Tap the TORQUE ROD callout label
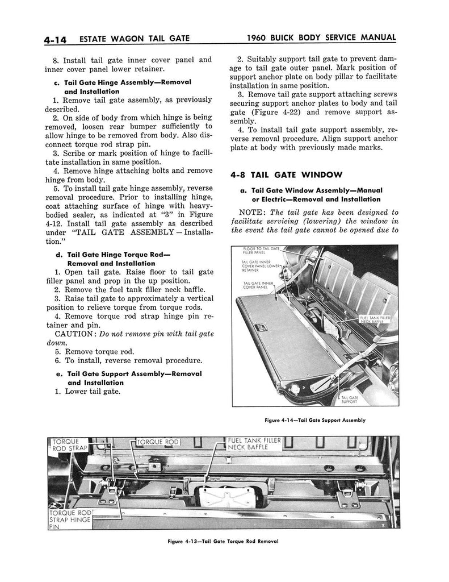click(158, 442)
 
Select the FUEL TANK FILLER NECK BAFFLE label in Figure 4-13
click(254, 444)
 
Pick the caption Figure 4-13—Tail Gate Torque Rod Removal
click(223, 541)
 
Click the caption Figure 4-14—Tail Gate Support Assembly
click(315, 420)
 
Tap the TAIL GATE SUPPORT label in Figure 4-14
click(349, 400)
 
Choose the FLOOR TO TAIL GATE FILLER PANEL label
click(261, 251)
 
